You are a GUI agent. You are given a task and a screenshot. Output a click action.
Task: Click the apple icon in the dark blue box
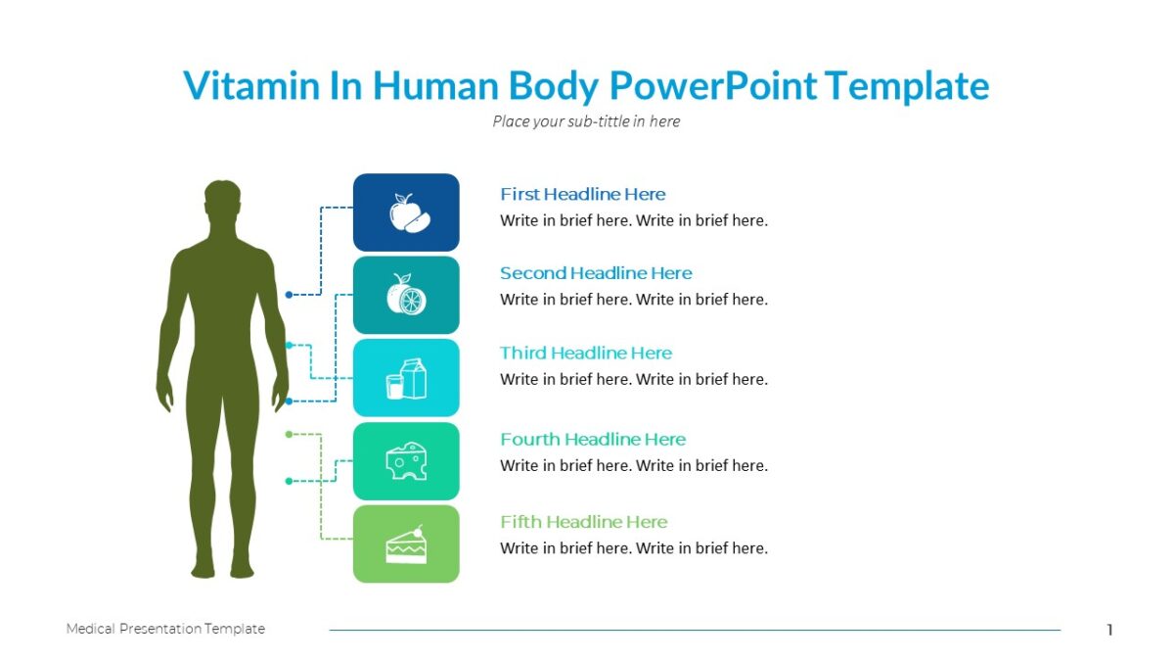(406, 212)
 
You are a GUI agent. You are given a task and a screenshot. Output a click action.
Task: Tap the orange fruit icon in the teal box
(405, 295)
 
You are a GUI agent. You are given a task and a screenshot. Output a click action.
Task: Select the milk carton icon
(406, 378)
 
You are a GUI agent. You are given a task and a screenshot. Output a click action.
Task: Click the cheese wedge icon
(406, 460)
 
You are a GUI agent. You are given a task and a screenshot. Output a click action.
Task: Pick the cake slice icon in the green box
(406, 544)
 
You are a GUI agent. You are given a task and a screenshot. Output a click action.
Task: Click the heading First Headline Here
(582, 194)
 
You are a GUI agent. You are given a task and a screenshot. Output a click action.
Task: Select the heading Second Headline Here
(596, 273)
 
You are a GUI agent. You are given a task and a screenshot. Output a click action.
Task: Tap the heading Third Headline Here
(586, 353)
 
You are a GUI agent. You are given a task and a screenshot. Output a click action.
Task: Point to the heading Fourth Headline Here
(593, 439)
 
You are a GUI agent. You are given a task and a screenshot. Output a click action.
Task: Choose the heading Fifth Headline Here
(583, 522)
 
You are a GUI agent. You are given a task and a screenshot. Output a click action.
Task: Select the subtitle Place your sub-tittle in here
(586, 121)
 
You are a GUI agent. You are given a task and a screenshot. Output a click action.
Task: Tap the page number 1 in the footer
(1109, 630)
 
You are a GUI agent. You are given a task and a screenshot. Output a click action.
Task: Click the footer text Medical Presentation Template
(165, 629)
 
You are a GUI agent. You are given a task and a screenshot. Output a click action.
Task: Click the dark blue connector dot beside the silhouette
(289, 294)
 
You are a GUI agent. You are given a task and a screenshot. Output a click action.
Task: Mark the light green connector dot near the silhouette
(289, 433)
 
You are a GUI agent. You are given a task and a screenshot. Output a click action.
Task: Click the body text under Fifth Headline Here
(634, 548)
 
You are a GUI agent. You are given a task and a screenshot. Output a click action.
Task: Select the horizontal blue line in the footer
(695, 630)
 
